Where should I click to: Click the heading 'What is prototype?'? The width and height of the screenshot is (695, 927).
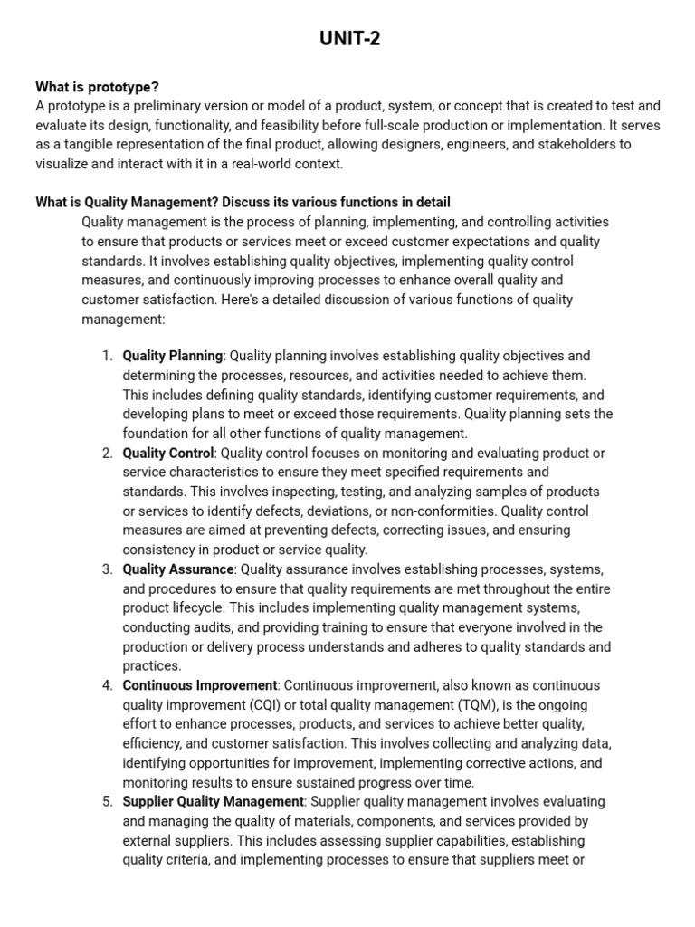(97, 87)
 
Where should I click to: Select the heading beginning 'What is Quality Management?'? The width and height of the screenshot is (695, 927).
(243, 202)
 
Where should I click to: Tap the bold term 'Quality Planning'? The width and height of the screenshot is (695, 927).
(172, 356)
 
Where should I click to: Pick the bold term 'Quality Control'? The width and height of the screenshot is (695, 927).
(168, 453)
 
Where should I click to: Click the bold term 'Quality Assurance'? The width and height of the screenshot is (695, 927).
(178, 569)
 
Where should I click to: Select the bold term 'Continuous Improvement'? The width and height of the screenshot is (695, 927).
(199, 685)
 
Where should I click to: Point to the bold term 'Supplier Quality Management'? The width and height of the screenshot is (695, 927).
(213, 801)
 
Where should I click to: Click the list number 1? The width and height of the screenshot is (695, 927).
(107, 356)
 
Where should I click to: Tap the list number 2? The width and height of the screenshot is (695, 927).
(107, 453)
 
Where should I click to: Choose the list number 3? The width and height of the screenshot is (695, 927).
(107, 569)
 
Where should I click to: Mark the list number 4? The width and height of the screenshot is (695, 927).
(107, 685)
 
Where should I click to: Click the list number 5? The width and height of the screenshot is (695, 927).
(107, 801)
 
